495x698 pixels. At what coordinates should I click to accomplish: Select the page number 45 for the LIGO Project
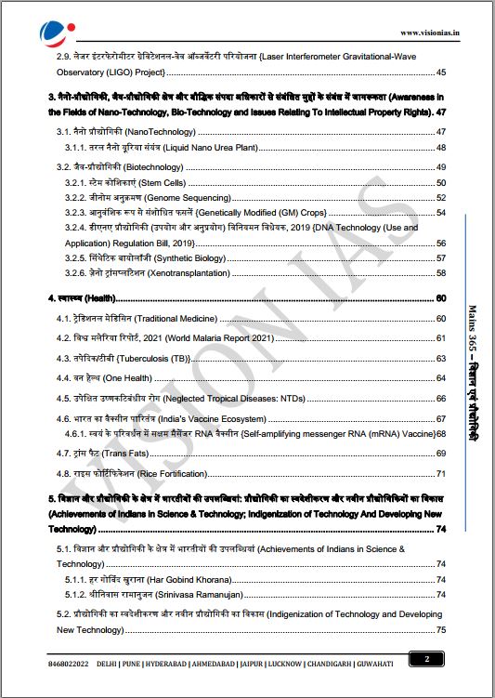pyautogui.click(x=441, y=72)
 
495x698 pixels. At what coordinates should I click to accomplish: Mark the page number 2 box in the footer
pyautogui.click(x=426, y=660)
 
